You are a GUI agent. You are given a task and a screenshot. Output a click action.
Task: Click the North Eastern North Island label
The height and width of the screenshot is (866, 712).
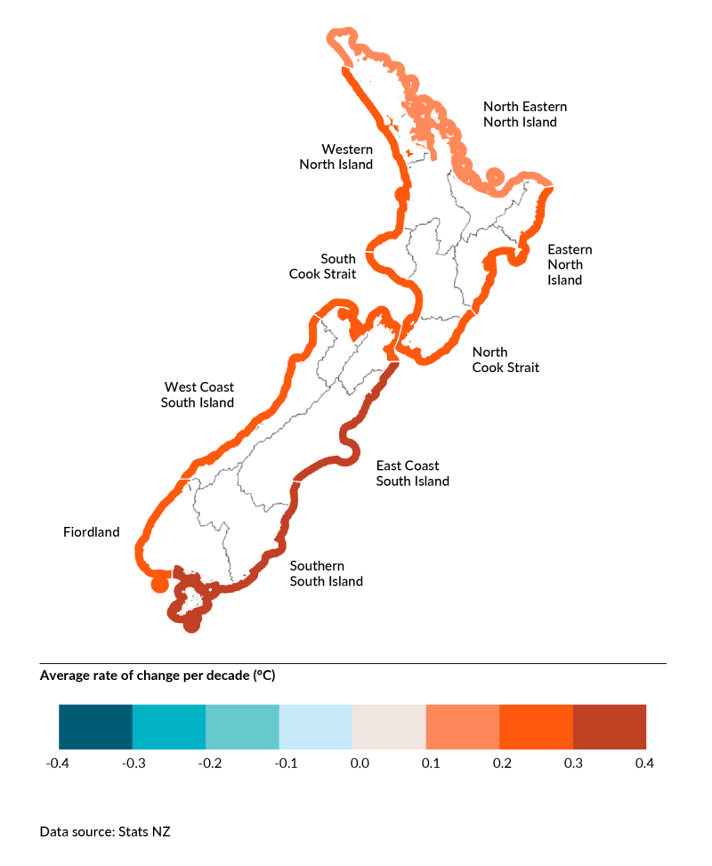(x=524, y=114)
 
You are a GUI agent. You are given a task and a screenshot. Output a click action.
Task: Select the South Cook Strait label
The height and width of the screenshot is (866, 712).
(x=322, y=266)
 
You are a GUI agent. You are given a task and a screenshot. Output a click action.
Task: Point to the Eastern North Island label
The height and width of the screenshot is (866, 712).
(x=569, y=264)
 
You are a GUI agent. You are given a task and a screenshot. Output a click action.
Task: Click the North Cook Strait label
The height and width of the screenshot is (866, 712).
(x=505, y=360)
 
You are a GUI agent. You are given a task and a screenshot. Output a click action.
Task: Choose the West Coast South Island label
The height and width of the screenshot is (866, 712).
(x=198, y=394)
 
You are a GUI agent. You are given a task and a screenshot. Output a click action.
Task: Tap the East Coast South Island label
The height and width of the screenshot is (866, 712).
(x=412, y=473)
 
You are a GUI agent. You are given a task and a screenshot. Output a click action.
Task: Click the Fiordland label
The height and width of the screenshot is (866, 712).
(x=91, y=532)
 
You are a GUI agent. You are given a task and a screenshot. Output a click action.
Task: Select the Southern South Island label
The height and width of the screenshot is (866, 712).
(x=326, y=573)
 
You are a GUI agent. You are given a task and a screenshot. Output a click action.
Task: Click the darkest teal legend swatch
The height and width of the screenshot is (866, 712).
(x=95, y=726)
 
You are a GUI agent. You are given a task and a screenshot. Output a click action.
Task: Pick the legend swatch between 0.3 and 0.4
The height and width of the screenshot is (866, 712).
(x=610, y=726)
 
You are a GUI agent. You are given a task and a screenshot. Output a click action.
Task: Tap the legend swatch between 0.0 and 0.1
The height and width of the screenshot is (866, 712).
(x=389, y=726)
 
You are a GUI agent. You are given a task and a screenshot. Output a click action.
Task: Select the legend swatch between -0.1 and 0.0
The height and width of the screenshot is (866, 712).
(x=316, y=726)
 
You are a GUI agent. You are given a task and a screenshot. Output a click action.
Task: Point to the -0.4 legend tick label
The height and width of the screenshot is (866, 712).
(x=58, y=764)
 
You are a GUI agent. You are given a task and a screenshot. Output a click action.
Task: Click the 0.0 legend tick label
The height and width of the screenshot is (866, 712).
(x=352, y=764)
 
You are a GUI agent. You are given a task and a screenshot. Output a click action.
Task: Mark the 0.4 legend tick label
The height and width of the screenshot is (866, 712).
(x=645, y=764)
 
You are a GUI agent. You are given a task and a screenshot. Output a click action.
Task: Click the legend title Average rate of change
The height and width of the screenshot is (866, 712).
(x=158, y=676)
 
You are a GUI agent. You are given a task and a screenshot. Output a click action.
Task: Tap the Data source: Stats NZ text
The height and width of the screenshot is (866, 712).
(x=105, y=831)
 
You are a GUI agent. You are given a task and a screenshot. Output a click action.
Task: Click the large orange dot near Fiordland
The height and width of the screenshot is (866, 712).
(x=159, y=584)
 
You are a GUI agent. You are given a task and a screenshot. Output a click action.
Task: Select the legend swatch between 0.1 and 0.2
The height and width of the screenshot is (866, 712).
(x=463, y=726)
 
